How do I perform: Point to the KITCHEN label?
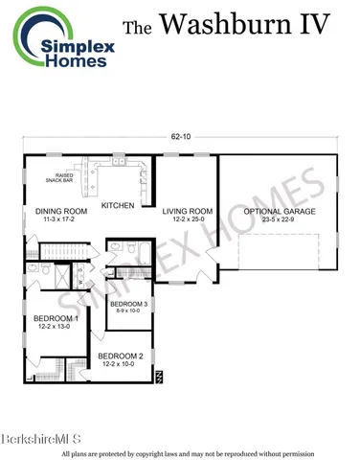(118, 205)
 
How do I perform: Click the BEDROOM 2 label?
(121, 356)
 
